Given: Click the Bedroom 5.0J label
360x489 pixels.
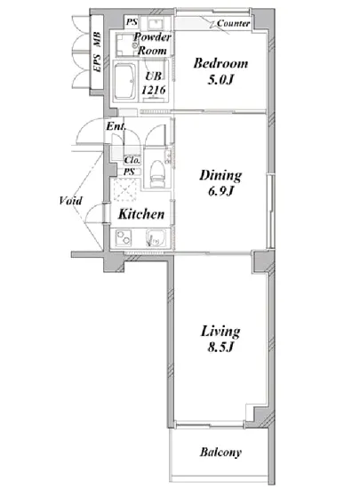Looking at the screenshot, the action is pyautogui.click(x=220, y=71).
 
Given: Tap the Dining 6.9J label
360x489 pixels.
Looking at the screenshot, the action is pyautogui.click(x=220, y=183).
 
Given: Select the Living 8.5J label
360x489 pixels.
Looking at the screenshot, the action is pyautogui.click(x=220, y=339).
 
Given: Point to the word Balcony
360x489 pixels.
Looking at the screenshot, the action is pyautogui.click(x=220, y=453).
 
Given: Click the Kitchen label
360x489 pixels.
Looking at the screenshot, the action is pyautogui.click(x=141, y=214).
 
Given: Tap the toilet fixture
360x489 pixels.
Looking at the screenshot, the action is pyautogui.click(x=157, y=174).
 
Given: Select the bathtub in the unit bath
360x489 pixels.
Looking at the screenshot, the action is pyautogui.click(x=124, y=82).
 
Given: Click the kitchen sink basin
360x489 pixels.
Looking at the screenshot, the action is pyautogui.click(x=156, y=238).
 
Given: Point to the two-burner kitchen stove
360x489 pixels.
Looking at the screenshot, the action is pyautogui.click(x=124, y=238).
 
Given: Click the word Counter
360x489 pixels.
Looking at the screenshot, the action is pyautogui.click(x=234, y=23).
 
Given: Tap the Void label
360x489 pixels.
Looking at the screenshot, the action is pyautogui.click(x=71, y=201).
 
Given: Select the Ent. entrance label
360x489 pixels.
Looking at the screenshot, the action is pyautogui.click(x=116, y=126).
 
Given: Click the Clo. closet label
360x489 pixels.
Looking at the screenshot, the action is pyautogui.click(x=132, y=160).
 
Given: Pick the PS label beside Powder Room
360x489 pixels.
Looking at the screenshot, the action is pyautogui.click(x=132, y=22).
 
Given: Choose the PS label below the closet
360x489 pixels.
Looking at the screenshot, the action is pyautogui.click(x=129, y=172).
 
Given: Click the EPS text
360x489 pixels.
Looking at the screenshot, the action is pyautogui.click(x=97, y=63).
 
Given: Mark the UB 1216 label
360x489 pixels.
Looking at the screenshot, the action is pyautogui.click(x=154, y=83).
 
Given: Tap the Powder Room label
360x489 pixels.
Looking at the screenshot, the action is pyautogui.click(x=152, y=44).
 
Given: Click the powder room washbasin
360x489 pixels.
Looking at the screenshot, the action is pyautogui.click(x=154, y=23).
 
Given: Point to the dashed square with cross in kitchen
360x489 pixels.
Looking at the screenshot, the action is pyautogui.click(x=124, y=190).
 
